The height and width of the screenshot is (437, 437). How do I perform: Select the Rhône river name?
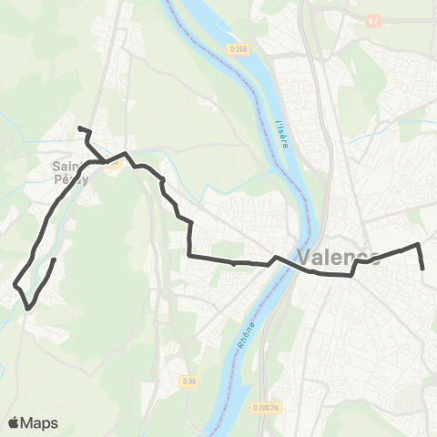coord(249,319)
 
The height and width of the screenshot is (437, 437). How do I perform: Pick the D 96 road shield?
coord(188,381)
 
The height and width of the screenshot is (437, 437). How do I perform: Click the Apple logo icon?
coord(15,422)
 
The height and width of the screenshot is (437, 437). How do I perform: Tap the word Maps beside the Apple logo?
coord(41,422)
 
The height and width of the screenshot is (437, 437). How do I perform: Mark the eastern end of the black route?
coord(424,269)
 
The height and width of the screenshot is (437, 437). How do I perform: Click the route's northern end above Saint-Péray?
coord(80,128)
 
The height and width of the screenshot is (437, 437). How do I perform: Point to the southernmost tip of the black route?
coord(29,309)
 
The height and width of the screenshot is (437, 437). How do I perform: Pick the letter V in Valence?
coord(304,257)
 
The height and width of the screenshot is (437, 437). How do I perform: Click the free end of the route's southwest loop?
coord(54,260)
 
